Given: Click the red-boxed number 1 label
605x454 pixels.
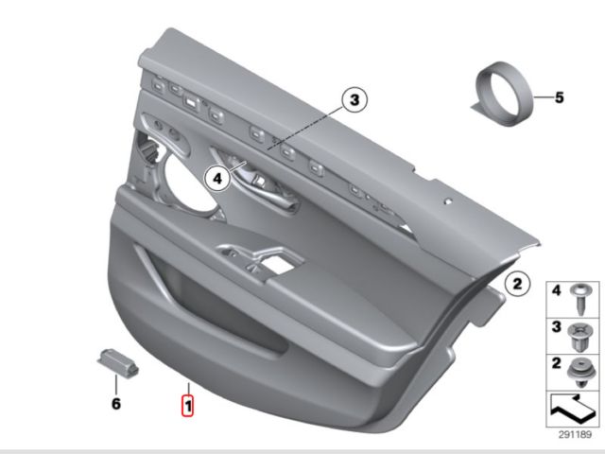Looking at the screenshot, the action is [187, 406].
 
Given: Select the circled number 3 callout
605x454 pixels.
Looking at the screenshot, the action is [354, 100].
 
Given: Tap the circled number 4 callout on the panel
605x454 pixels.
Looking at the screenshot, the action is [217, 179].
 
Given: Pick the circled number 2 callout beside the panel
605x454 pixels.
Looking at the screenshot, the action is [517, 284].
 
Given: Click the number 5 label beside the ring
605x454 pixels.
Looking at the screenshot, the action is [559, 97].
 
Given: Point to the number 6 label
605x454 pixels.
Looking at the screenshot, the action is [116, 404].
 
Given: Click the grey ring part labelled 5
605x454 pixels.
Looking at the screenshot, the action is [504, 94].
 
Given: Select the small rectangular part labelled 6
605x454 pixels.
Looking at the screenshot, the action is [117, 362].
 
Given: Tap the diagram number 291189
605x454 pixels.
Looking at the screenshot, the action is [575, 435].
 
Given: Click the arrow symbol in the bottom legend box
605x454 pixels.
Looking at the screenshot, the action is [573, 409].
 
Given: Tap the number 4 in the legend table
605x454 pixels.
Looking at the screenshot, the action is [556, 290].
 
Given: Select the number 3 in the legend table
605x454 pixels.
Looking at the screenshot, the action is [556, 327].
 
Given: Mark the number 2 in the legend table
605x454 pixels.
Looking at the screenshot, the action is [556, 363].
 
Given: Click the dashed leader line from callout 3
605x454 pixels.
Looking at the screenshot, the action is [305, 129].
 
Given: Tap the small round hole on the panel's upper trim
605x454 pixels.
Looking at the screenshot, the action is [448, 201].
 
